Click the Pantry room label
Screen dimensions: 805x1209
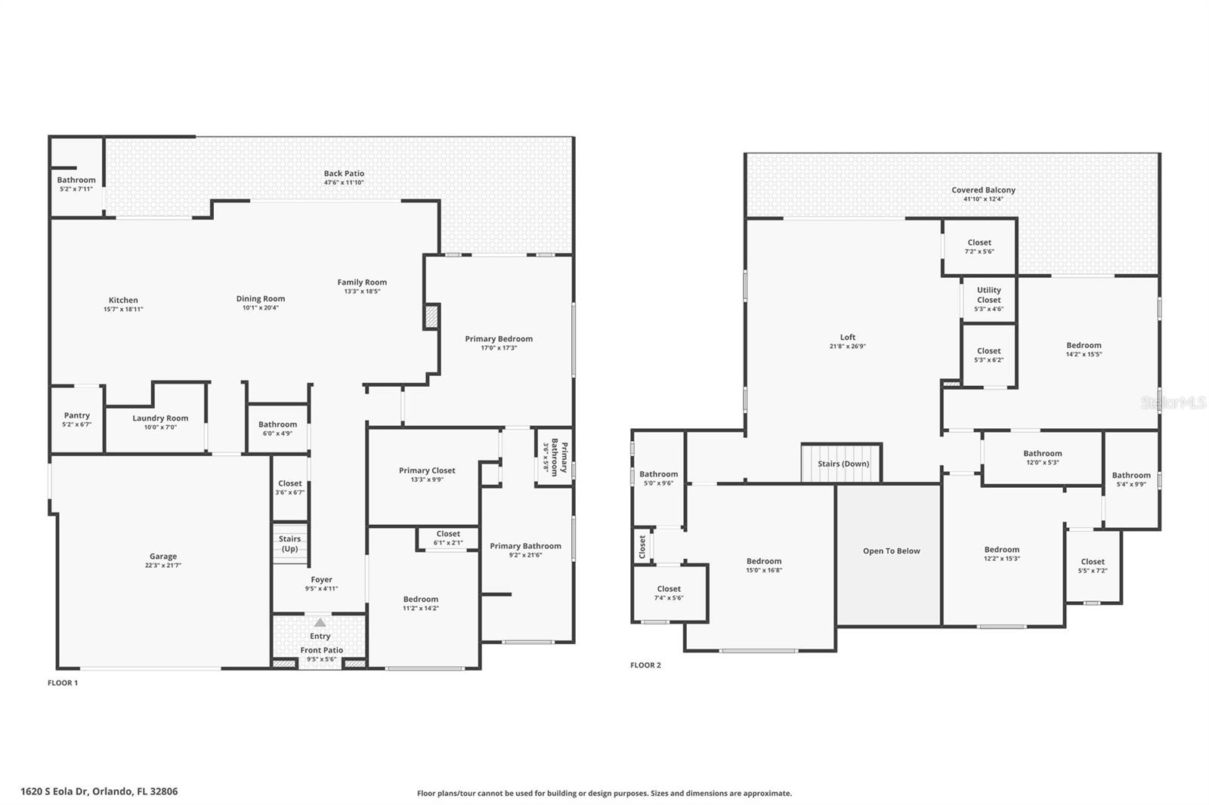[76, 415]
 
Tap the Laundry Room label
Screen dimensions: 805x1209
[160, 418]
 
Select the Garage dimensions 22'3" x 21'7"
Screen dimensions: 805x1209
[163, 566]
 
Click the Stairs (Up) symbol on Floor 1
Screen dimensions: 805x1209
[289, 543]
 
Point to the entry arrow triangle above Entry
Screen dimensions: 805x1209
[320, 622]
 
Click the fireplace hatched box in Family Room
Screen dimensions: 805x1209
[431, 316]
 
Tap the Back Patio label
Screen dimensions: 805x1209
[344, 174]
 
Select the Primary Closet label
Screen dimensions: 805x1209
[427, 470]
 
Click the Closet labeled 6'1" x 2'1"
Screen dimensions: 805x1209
[448, 538]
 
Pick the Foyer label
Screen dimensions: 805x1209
[321, 580]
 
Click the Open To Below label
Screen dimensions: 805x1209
[892, 551]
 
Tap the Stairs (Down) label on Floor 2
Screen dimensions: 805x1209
[843, 464]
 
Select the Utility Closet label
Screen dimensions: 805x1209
[988, 295]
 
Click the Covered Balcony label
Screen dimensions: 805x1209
[983, 190]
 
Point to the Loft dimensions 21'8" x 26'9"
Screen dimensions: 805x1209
[847, 347]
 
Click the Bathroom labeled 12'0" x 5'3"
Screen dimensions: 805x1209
[1043, 458]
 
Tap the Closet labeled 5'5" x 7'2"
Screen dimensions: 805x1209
[1093, 566]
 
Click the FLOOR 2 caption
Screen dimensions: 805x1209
[645, 665]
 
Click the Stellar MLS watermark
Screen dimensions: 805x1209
[1173, 403]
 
